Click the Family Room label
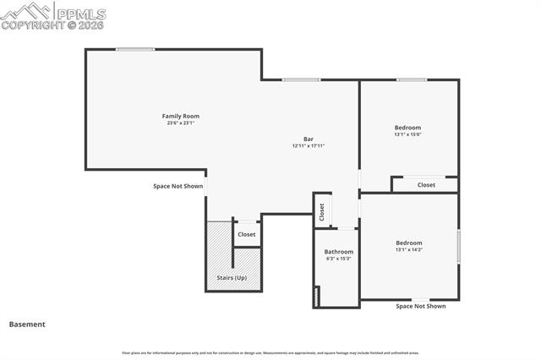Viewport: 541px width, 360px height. tap(181, 116)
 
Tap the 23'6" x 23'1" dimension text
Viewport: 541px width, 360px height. tap(181, 123)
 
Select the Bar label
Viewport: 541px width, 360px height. tap(309, 139)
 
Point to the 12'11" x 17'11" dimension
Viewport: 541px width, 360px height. tap(309, 146)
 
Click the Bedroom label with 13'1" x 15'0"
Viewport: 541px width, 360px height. tap(408, 127)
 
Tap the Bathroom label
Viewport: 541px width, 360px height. tap(339, 252)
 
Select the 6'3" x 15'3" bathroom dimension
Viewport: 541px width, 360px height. tap(339, 259)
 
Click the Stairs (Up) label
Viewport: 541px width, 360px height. tap(232, 277)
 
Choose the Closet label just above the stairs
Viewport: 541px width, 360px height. tap(247, 234)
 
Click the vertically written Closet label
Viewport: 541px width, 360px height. tap(322, 211)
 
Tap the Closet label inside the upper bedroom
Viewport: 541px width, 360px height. tap(426, 184)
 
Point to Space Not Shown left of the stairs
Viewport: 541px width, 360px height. tap(178, 186)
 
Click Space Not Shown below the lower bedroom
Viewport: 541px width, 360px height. tap(421, 306)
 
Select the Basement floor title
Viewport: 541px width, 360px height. tap(27, 324)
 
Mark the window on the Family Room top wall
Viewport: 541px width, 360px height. tap(135, 49)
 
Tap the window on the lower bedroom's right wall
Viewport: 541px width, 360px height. tap(459, 246)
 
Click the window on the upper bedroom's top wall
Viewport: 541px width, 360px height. tap(411, 80)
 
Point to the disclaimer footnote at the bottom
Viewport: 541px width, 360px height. tap(270, 353)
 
